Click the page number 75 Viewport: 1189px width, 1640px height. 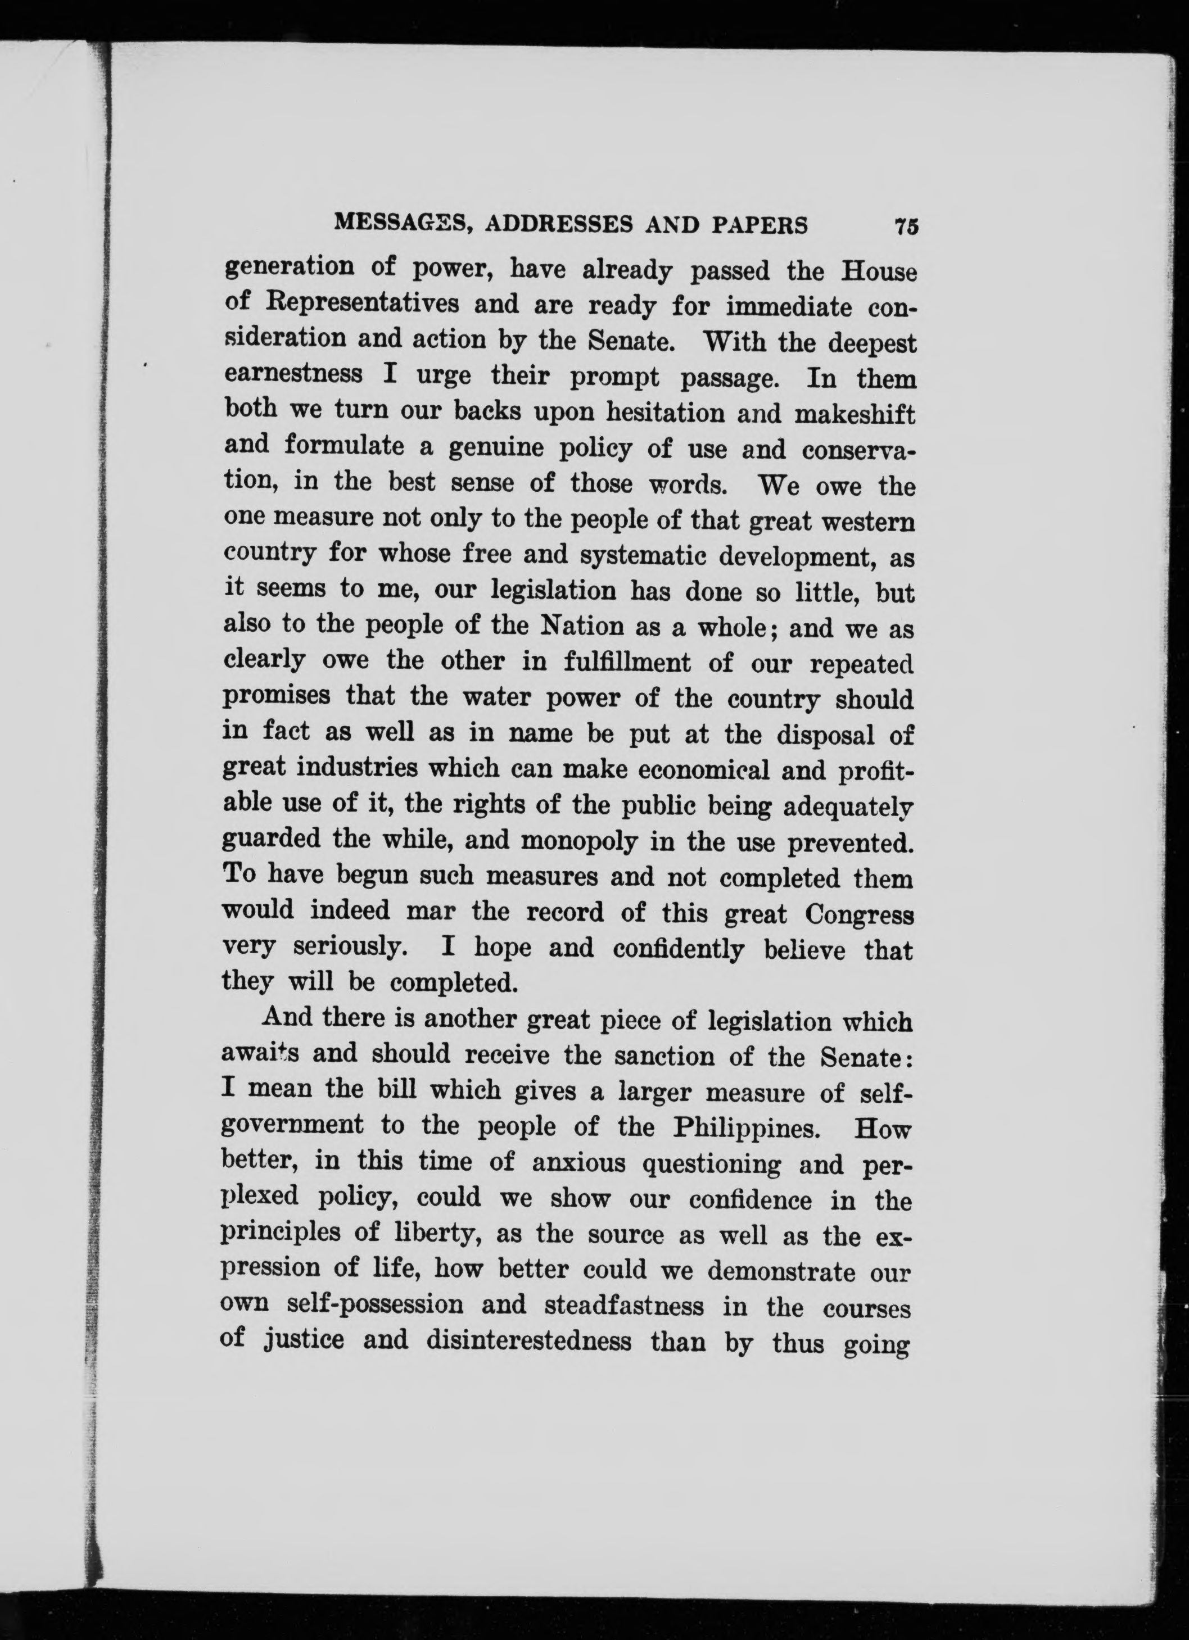click(906, 225)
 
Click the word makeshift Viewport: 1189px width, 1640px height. click(854, 414)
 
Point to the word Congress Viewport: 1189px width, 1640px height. click(858, 915)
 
